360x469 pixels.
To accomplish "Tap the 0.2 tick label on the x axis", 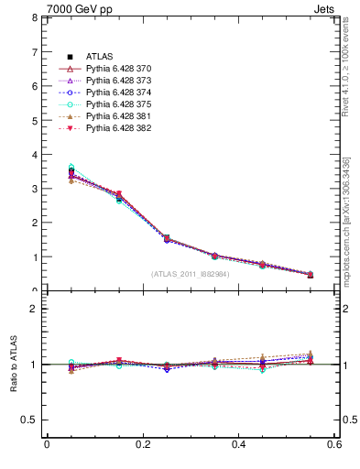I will (143, 444).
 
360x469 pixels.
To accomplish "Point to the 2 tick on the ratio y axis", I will (33, 309).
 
